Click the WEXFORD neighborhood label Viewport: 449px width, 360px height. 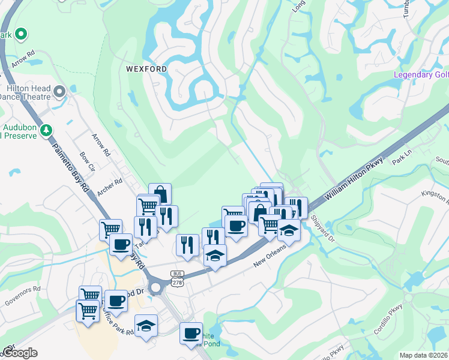point(146,69)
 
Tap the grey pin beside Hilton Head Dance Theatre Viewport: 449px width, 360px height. point(59,91)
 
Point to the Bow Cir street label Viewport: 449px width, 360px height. point(88,163)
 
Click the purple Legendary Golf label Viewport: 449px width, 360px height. point(421,75)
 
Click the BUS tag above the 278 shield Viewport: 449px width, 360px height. point(176,273)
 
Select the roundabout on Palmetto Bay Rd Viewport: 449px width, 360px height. point(157,288)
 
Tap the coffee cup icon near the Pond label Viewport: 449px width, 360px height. point(191,332)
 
